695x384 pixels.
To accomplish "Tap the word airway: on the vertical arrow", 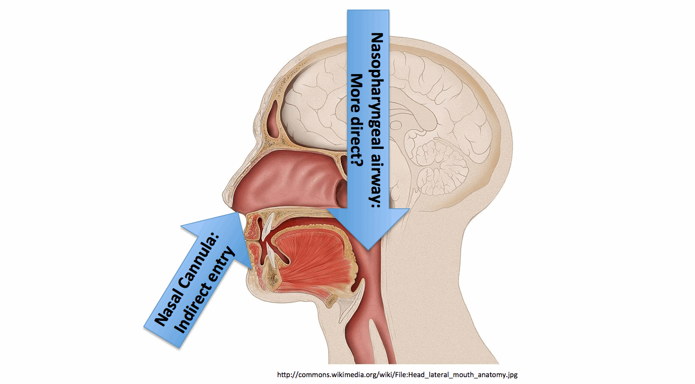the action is click(x=376, y=186).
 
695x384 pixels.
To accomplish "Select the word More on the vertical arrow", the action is click(x=355, y=93).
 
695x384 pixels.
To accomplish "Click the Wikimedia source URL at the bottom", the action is click(x=397, y=375).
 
